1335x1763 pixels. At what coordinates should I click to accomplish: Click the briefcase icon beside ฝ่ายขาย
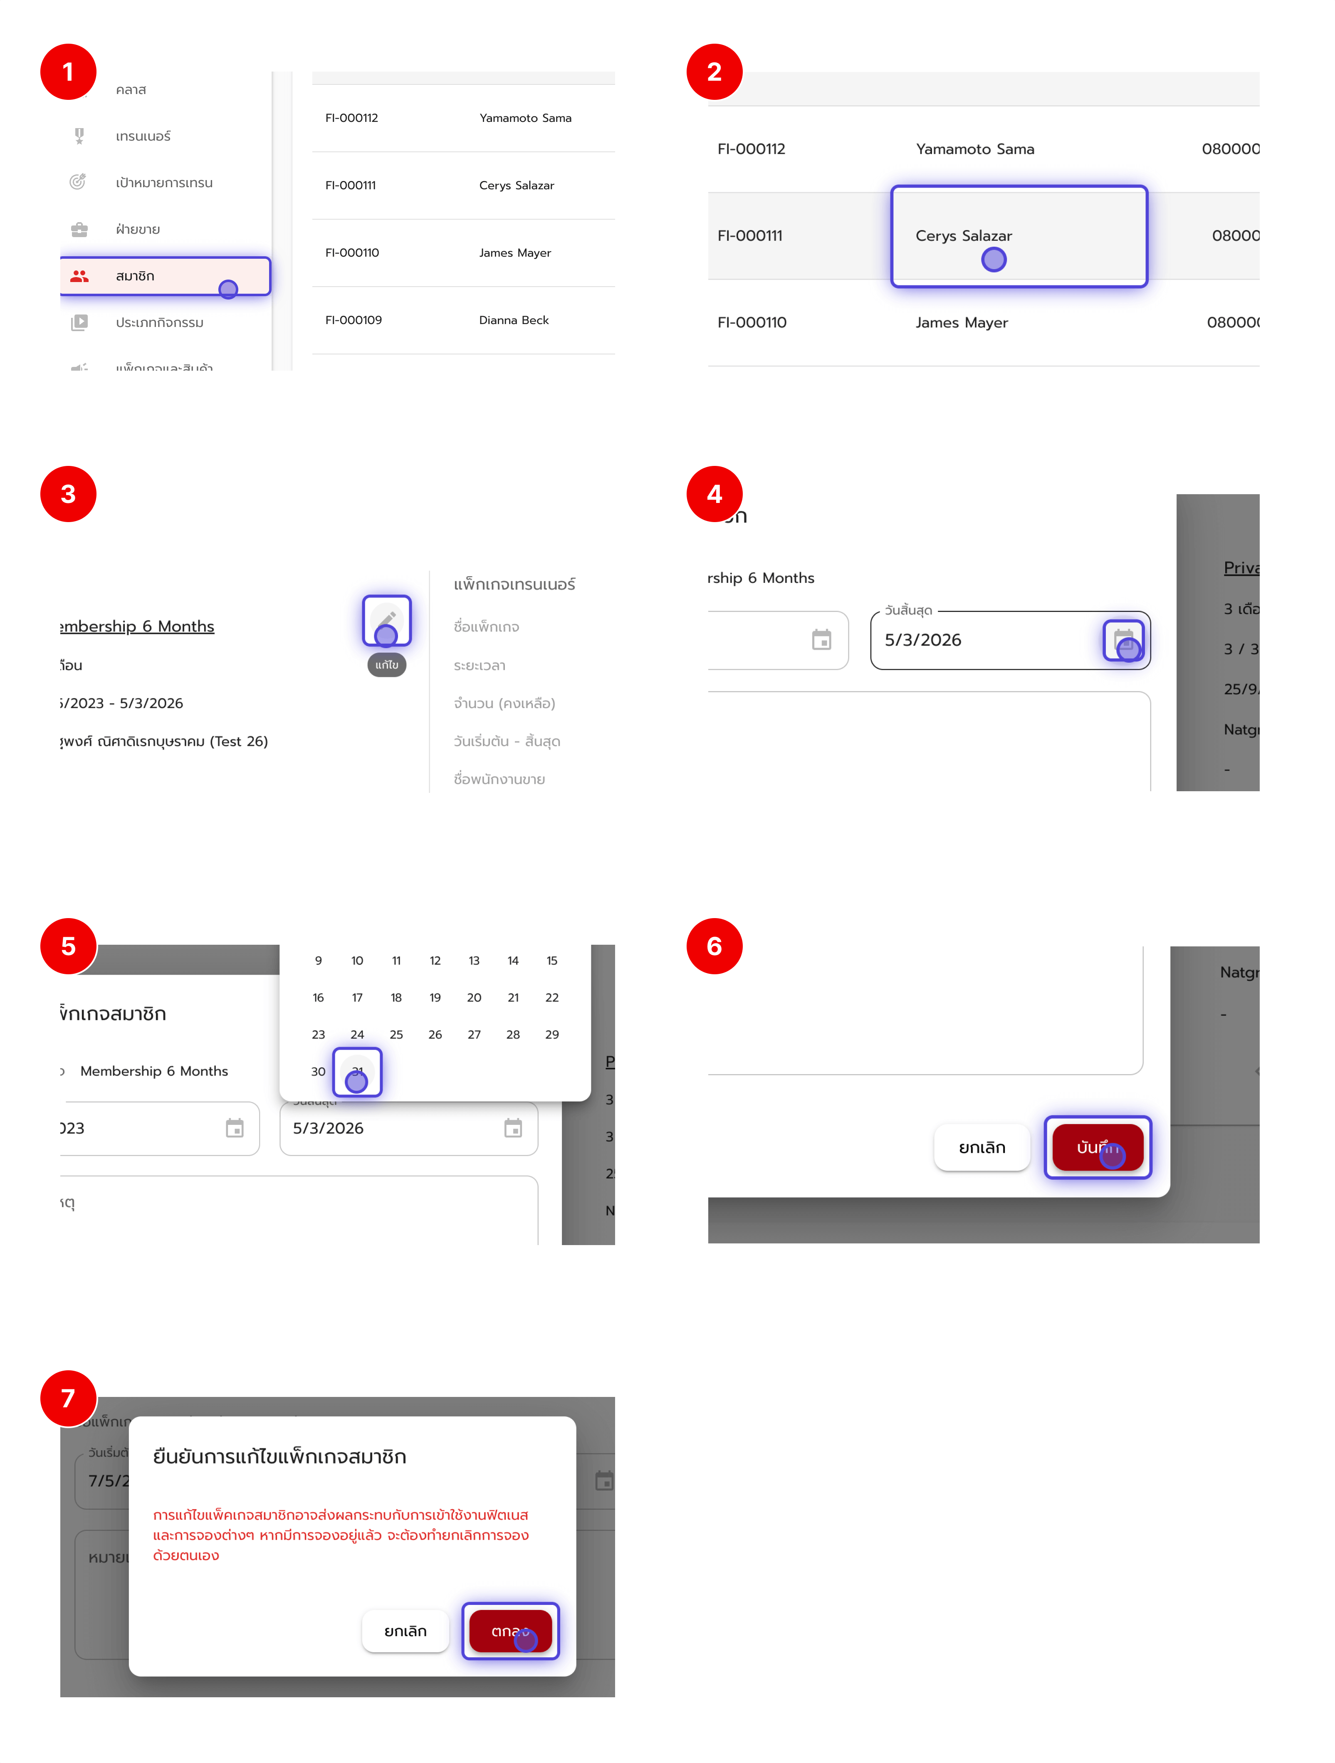pos(79,230)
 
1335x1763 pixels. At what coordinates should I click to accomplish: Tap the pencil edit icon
pos(386,619)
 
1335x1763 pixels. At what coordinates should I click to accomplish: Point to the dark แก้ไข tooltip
pos(386,665)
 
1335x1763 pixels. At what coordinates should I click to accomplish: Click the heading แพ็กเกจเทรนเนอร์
pos(514,584)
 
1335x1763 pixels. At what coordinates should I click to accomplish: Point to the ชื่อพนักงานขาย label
pos(499,780)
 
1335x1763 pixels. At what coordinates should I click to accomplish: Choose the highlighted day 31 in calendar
pos(357,1071)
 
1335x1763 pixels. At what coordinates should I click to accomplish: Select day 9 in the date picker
pos(318,961)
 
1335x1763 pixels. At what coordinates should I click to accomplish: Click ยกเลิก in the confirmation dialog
pos(405,1631)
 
